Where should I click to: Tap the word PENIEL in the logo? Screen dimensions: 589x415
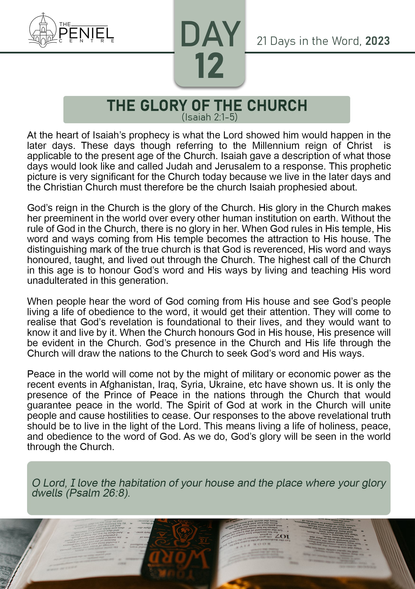pos(86,33)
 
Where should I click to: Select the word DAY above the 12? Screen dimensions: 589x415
pos(210,34)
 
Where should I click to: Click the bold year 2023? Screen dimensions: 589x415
pos(377,41)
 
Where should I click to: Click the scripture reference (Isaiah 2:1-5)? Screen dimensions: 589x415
pos(210,117)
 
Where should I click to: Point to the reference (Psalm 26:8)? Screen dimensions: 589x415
pos(98,493)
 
